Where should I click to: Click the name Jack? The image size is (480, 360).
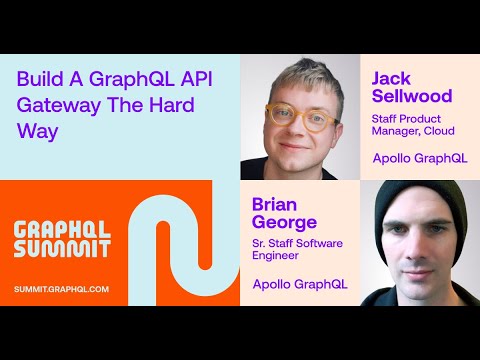coord(392,78)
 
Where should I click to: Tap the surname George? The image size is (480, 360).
coord(283,221)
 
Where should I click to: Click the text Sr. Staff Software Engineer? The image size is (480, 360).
coord(296,250)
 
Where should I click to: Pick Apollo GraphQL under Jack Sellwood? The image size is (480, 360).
coord(419,158)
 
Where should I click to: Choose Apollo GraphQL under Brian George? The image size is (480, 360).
coord(299,284)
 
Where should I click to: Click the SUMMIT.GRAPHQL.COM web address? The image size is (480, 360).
coord(62,289)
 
